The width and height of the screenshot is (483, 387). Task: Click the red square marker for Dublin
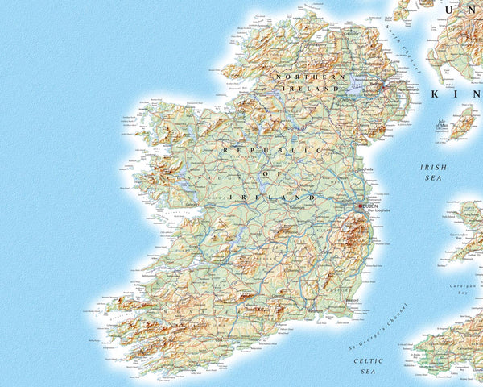point(361,206)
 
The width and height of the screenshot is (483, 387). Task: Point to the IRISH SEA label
point(433,175)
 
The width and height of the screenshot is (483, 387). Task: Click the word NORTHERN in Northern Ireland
point(299,77)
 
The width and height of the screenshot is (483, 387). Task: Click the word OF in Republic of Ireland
point(267,173)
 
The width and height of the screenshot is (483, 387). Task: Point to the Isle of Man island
point(462,125)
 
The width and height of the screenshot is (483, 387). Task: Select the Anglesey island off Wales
point(469,213)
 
